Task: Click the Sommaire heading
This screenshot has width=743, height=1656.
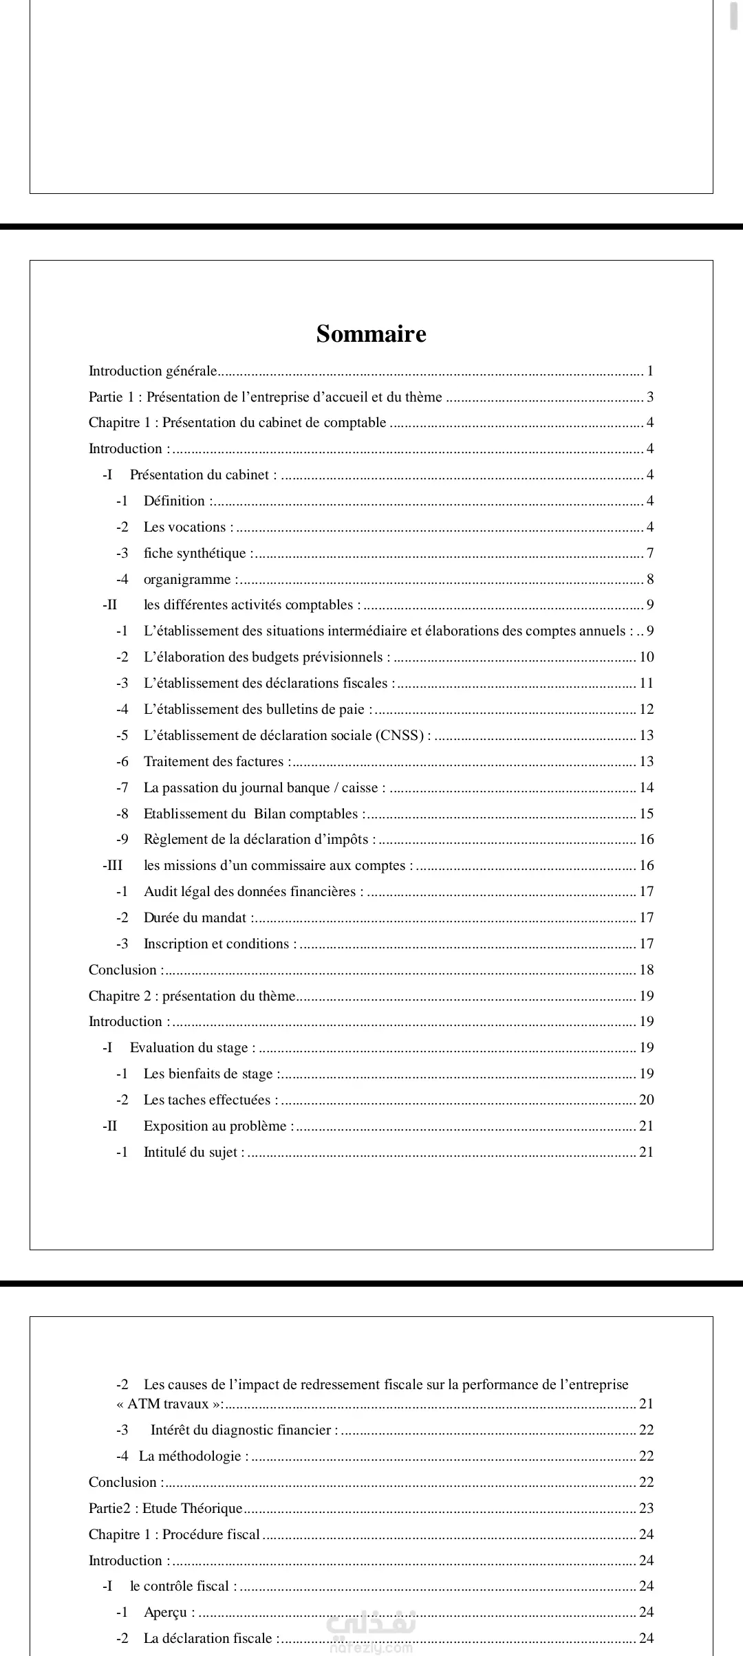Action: (371, 334)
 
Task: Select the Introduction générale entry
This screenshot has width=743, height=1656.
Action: (153, 371)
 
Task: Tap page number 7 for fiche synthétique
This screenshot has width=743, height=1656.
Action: (650, 554)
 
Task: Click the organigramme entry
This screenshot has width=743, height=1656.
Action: (187, 580)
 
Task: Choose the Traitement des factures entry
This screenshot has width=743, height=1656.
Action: (213, 762)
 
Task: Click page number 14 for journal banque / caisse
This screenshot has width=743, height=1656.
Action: (647, 788)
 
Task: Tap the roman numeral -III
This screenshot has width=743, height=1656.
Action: (112, 866)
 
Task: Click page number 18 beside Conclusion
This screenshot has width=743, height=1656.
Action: (647, 970)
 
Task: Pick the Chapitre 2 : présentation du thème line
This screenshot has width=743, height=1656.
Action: (192, 996)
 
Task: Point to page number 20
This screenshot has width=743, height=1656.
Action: (647, 1100)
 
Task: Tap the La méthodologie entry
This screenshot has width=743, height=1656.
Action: (190, 1457)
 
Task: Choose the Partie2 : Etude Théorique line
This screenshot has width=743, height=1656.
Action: (166, 1509)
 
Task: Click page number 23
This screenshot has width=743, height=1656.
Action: (647, 1509)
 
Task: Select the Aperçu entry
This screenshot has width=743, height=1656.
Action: (165, 1613)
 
